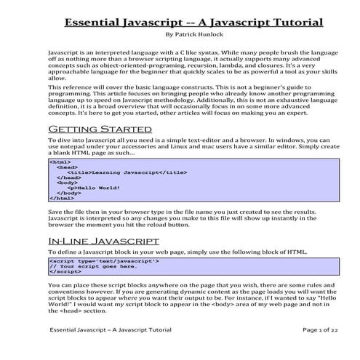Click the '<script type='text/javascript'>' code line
point(103,260)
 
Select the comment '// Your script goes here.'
point(89,265)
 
